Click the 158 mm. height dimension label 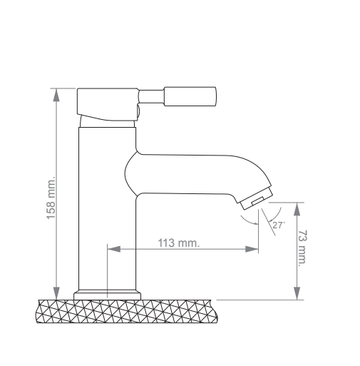51,198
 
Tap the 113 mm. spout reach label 179,243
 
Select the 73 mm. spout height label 302,248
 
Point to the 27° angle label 279,225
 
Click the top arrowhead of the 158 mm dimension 56,95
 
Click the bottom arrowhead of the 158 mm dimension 56,293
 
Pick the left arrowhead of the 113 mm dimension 114,249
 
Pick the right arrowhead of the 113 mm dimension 252,249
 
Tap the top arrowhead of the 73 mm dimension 297,209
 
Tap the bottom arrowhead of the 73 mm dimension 297,293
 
